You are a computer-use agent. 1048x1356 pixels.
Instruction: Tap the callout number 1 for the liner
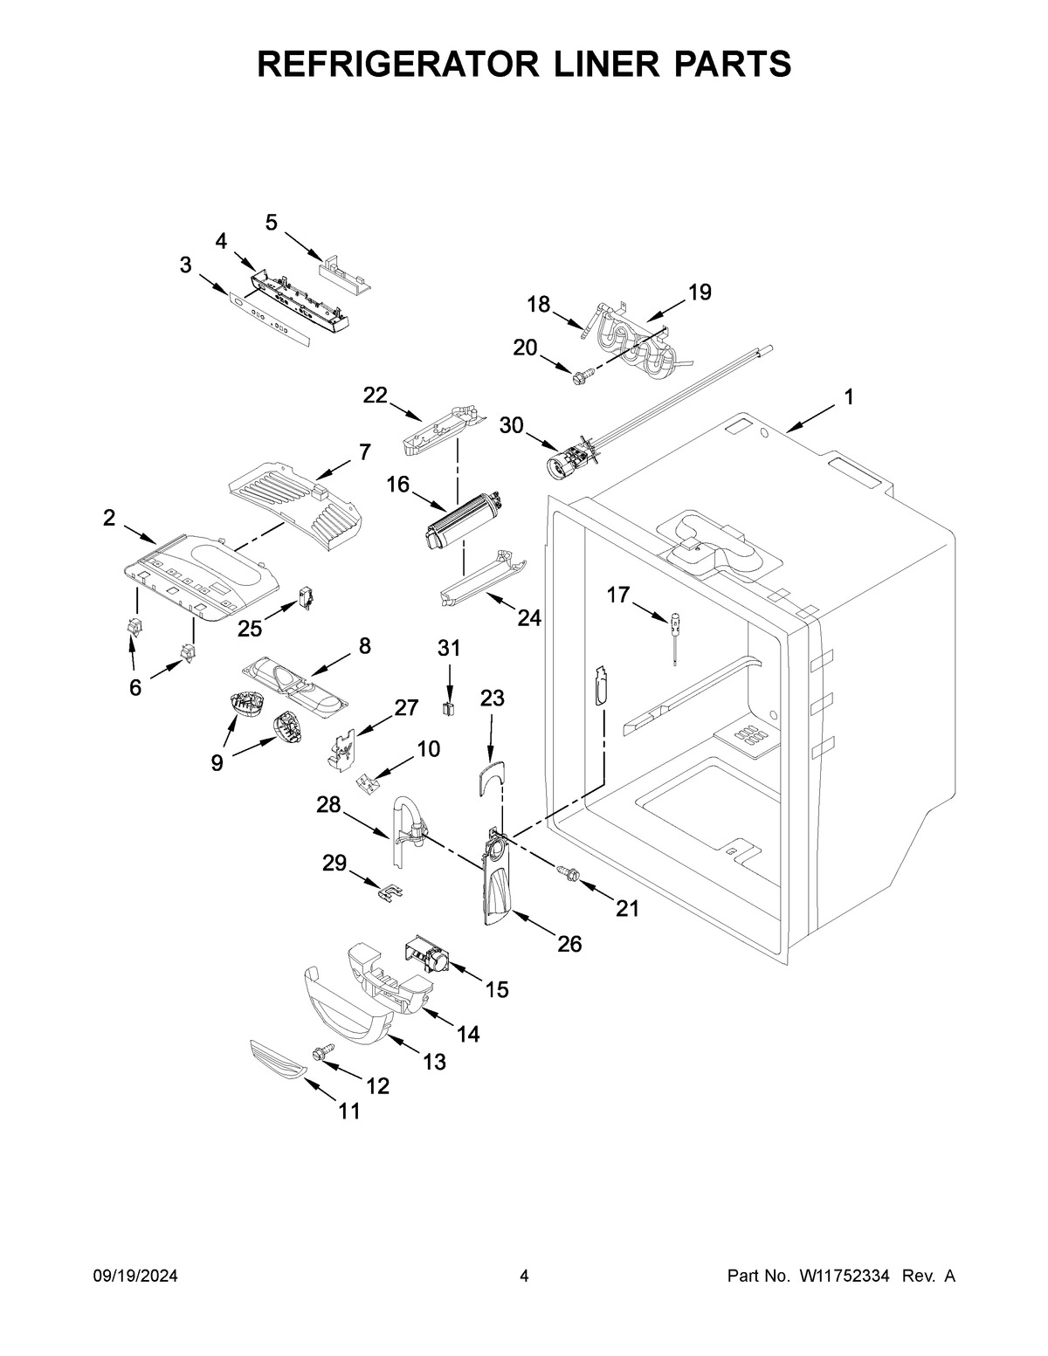tap(848, 397)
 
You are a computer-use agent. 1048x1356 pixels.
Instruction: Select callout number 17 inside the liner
tap(617, 595)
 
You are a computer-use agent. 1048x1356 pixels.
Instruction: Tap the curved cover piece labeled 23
tap(492, 776)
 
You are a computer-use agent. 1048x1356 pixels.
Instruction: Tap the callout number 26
tap(569, 944)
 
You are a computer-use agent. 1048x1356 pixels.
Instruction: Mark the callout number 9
tap(216, 762)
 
